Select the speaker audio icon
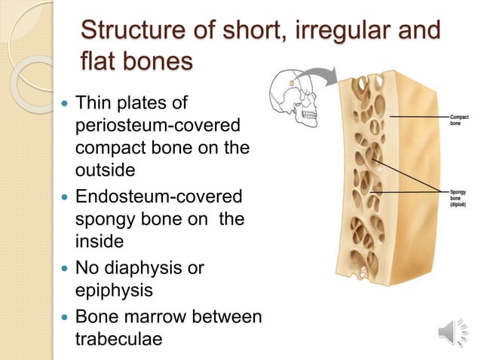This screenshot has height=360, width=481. click(451, 331)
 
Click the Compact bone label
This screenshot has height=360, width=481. click(459, 119)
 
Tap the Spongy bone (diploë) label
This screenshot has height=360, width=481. click(459, 198)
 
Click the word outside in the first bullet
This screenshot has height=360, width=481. click(106, 171)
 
